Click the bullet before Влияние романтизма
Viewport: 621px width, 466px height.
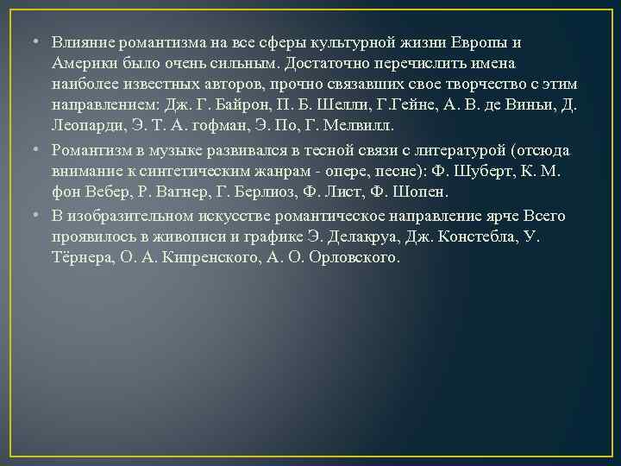click(x=28, y=42)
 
